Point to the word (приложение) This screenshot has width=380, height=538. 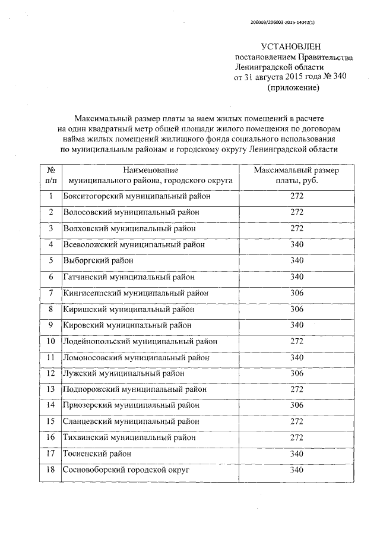coord(293,87)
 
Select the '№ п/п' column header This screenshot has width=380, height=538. coord(51,175)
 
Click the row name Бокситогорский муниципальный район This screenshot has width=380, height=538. coord(137,196)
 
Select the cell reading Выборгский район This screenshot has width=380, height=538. coord(98,260)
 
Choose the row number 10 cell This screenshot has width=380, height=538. coord(51,341)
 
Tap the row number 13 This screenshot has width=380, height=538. coord(51,389)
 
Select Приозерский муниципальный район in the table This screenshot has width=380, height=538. coord(132,405)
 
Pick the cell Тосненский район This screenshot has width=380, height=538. coord(97,454)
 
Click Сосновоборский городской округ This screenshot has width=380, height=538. coord(126,470)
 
